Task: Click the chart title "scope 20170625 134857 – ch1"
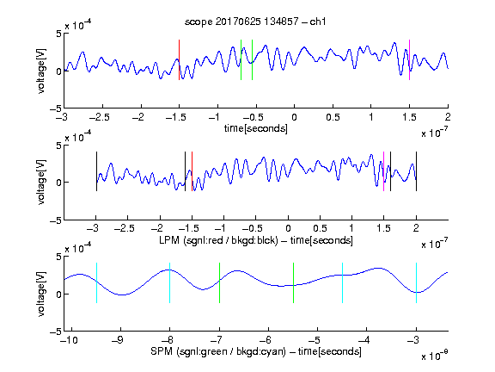point(255,22)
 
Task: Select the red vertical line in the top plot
point(179,59)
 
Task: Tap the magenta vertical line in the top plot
point(409,59)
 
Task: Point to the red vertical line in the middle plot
point(192,171)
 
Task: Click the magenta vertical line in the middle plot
point(383,171)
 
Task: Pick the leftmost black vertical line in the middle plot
point(96,171)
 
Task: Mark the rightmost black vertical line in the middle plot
point(416,171)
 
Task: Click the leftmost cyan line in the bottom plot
point(96,282)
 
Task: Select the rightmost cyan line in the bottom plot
point(416,282)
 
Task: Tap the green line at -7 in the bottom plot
point(219,282)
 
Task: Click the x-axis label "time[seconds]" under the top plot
point(256,128)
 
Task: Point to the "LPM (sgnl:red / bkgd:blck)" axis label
point(218,240)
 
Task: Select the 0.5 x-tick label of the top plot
point(333,117)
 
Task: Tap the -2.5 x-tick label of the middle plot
point(125,228)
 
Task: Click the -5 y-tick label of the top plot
point(56,108)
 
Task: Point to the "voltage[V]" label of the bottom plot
point(41,294)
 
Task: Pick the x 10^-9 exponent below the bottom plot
point(434,356)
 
